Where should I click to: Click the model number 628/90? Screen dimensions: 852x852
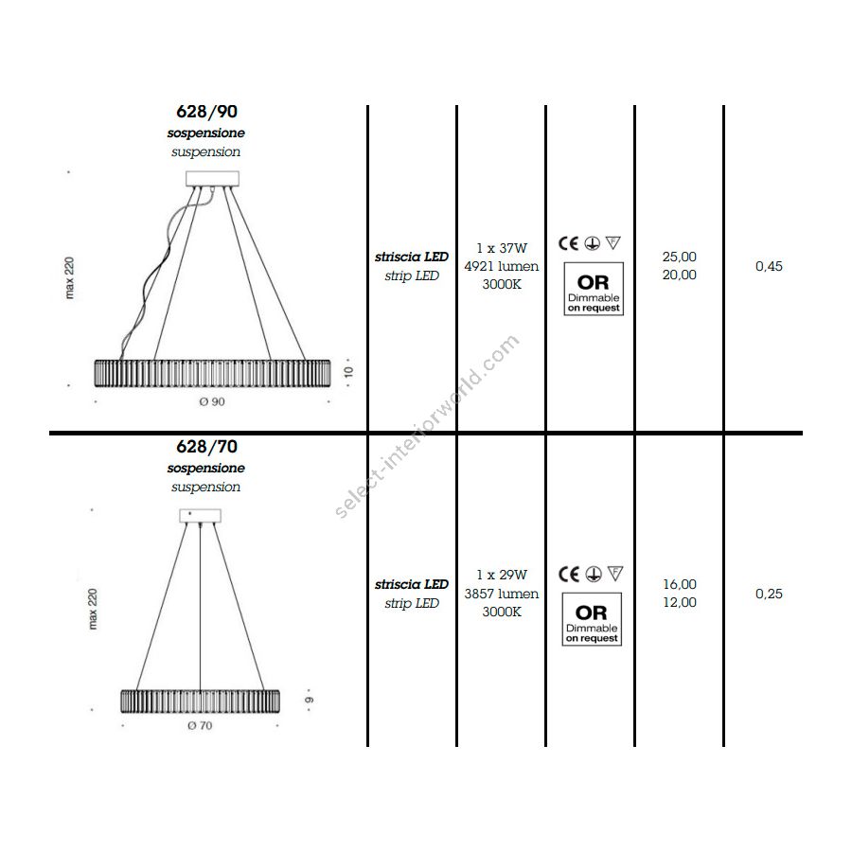pos(206,112)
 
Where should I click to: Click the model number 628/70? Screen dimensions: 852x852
pos(206,447)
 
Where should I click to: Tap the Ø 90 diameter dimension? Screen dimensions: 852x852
pos(212,401)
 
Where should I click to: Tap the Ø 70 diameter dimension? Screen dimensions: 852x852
pos(200,725)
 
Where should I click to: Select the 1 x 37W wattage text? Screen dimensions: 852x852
pos(502,248)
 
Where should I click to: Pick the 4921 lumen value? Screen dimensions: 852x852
pos(502,266)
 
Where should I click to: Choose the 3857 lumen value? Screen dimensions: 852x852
pos(502,594)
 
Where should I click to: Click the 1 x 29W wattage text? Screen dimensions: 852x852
pos(502,575)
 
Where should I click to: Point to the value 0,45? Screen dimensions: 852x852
pos(769,266)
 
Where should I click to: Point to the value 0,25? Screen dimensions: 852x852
pos(769,594)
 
